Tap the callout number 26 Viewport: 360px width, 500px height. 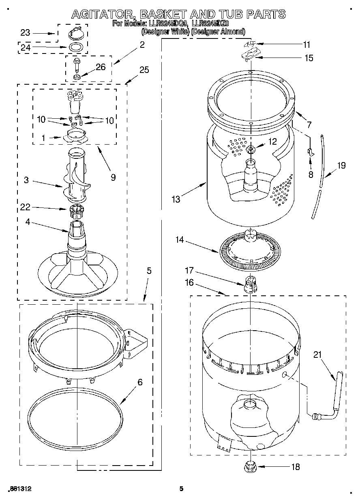(x=101, y=67)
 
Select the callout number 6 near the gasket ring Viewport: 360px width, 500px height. (x=140, y=382)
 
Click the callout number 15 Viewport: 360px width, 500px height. (x=309, y=58)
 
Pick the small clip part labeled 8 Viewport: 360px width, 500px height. (x=310, y=152)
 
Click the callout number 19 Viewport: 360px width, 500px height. (x=341, y=165)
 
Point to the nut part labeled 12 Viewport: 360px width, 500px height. (x=251, y=150)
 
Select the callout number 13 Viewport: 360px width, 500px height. (x=175, y=199)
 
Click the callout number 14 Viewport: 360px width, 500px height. (x=179, y=240)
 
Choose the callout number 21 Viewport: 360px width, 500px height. (x=317, y=355)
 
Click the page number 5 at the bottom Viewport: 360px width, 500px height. (x=181, y=489)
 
